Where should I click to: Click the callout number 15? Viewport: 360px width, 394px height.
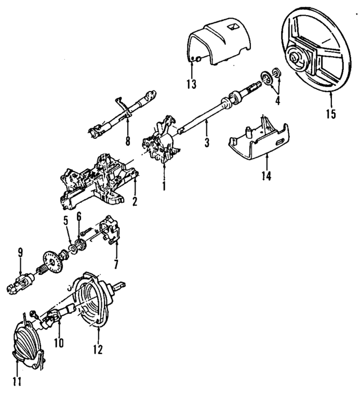[330, 114]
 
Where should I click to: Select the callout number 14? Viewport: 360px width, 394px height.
[265, 176]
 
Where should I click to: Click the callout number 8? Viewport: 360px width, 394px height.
[128, 141]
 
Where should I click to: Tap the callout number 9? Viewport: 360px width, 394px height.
[20, 252]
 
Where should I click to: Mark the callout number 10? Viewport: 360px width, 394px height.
[59, 341]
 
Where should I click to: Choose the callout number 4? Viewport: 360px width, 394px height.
[277, 101]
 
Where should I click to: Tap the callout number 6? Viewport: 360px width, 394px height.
[79, 215]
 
